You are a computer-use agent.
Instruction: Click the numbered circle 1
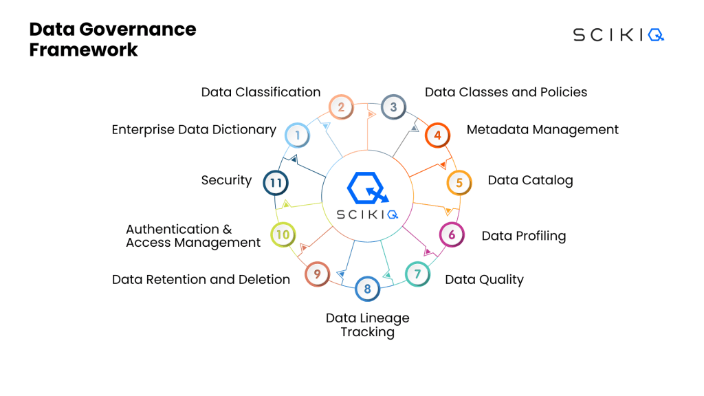click(297, 135)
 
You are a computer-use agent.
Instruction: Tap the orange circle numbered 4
click(437, 135)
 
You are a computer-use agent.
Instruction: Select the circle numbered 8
click(367, 289)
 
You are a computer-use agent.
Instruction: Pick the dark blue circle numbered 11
click(276, 183)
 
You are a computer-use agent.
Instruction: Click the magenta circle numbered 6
click(452, 234)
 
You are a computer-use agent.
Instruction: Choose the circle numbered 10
click(283, 234)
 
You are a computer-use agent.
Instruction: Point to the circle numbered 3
click(393, 107)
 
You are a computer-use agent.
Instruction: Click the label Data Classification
click(261, 92)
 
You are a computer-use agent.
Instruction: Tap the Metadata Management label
click(542, 129)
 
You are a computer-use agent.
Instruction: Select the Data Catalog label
click(530, 180)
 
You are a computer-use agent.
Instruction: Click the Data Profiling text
click(523, 236)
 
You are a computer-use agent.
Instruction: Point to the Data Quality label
click(484, 279)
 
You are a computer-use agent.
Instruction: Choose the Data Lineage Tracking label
click(367, 324)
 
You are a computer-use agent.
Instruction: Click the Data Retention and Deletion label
click(201, 279)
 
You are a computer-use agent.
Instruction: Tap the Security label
click(226, 180)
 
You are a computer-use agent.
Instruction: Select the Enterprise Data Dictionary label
click(194, 129)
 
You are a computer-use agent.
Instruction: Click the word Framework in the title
click(83, 49)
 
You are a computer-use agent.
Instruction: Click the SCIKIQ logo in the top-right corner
click(618, 35)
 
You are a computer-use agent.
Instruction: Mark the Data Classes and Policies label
click(506, 92)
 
